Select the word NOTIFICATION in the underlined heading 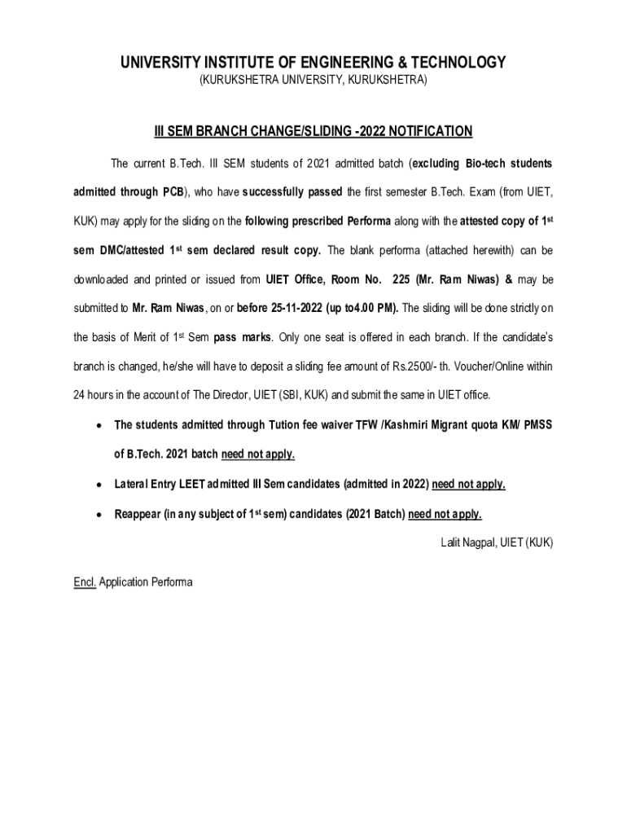pos(431,131)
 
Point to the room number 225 pos(401,279)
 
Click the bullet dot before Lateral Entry pos(99,485)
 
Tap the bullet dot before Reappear pos(99,515)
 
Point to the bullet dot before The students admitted pos(99,426)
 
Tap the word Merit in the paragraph pos(142,337)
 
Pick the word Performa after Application pos(168,582)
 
